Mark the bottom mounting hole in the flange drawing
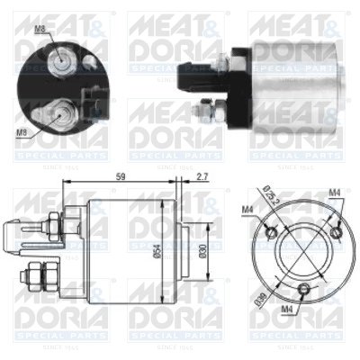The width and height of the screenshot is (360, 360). [305, 288]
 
